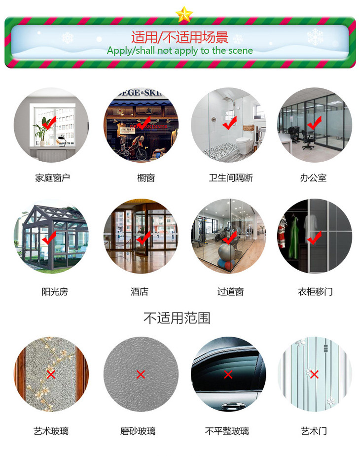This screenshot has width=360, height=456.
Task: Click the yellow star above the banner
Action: click(x=184, y=14)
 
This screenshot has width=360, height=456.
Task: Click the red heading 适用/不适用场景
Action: click(x=180, y=37)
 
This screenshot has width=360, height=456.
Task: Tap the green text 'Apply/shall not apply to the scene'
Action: click(x=180, y=50)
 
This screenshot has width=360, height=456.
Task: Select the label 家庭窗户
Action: click(x=52, y=178)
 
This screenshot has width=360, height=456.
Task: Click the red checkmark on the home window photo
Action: click(x=48, y=123)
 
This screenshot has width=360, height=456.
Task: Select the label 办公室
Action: click(x=313, y=178)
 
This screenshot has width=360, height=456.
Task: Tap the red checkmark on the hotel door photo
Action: click(x=144, y=239)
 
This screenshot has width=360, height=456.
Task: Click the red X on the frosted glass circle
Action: click(x=140, y=375)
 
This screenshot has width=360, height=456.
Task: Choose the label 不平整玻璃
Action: click(x=227, y=431)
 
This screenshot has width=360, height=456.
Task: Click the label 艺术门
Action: click(x=314, y=431)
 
